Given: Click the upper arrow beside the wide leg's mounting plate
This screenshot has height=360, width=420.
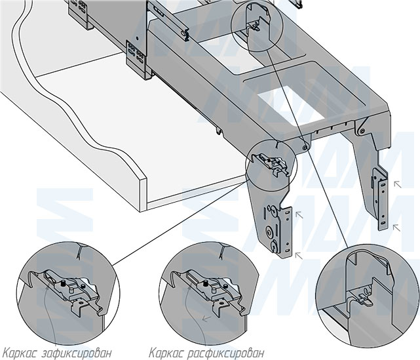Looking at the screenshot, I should point(298,214).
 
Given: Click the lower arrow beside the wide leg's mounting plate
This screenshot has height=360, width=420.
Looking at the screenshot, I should point(298,254).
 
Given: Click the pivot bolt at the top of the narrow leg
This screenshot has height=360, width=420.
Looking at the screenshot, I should point(360,131).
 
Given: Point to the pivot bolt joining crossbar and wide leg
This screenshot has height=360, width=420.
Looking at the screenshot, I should point(305,147).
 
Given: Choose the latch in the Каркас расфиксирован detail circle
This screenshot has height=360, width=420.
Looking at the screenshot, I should point(213,289).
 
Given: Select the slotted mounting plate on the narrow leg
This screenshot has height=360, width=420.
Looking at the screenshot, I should point(380,197).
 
